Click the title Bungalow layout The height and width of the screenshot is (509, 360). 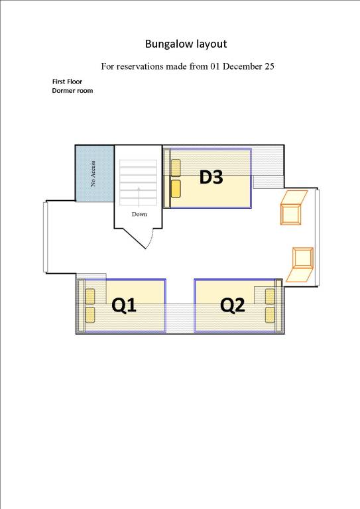(186, 44)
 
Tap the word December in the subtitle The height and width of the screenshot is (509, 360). (243, 66)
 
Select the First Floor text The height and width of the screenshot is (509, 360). (67, 82)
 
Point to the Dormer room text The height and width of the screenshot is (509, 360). (72, 91)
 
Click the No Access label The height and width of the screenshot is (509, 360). (93, 174)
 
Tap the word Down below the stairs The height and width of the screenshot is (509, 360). (139, 214)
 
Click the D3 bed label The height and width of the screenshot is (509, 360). (211, 177)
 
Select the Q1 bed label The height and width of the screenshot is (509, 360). (124, 306)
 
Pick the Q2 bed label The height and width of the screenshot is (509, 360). (232, 306)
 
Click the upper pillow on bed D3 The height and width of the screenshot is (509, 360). (176, 168)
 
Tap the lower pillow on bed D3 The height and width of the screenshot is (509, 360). (176, 189)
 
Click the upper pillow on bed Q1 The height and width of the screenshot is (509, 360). (90, 297)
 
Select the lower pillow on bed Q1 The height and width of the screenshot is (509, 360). (90, 315)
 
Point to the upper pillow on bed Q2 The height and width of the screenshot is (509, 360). (270, 297)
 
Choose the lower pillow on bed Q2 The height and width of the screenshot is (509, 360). (270, 315)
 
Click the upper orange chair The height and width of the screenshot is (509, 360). (293, 207)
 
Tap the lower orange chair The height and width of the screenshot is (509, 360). (301, 264)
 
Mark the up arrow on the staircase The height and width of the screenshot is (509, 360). (139, 197)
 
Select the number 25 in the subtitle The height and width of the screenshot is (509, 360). (269, 66)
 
